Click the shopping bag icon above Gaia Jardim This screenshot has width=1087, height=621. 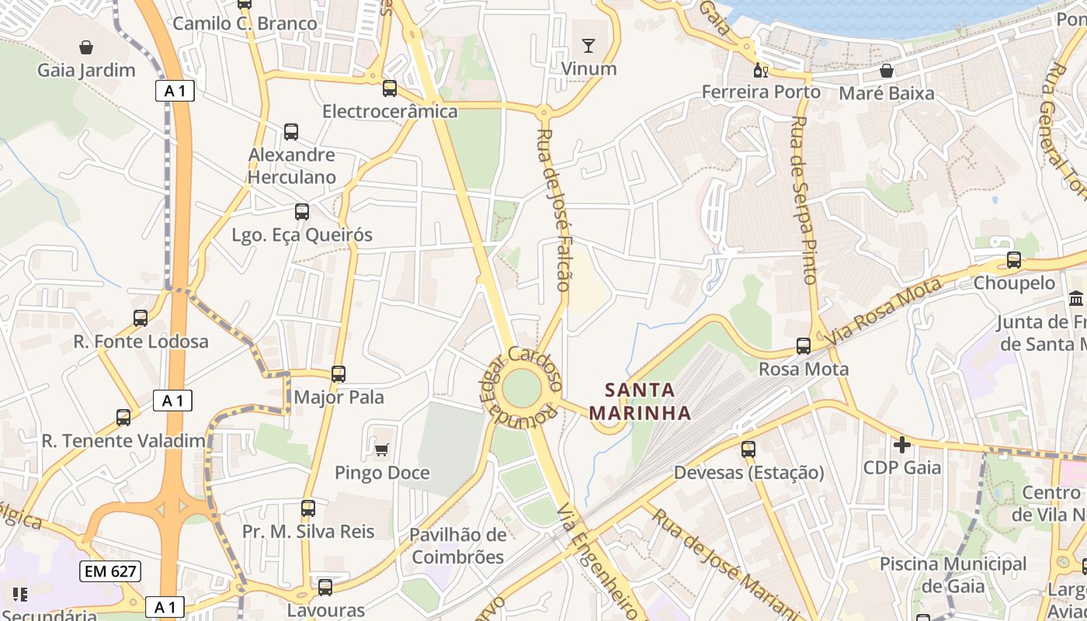86,47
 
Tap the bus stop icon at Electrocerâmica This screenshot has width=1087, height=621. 390,88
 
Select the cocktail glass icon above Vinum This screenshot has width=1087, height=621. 589,46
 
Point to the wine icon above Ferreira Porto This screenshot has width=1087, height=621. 761,71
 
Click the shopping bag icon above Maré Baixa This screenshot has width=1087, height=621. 887,71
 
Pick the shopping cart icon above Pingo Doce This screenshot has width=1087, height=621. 381,449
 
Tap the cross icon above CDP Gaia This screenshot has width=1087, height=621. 901,445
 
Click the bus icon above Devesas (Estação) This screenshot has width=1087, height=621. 748,449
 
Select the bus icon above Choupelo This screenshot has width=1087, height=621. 1014,260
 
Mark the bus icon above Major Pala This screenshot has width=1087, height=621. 339,374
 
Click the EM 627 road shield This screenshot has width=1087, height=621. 110,572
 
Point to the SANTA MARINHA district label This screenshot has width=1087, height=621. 640,401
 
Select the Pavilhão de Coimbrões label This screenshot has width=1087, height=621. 458,546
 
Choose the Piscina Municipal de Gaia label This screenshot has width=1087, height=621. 953,574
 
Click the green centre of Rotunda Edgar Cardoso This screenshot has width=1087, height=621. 521,388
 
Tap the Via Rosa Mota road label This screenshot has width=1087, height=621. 883,311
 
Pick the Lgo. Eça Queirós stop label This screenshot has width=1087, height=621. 302,234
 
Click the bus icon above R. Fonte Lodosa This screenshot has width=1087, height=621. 141,318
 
